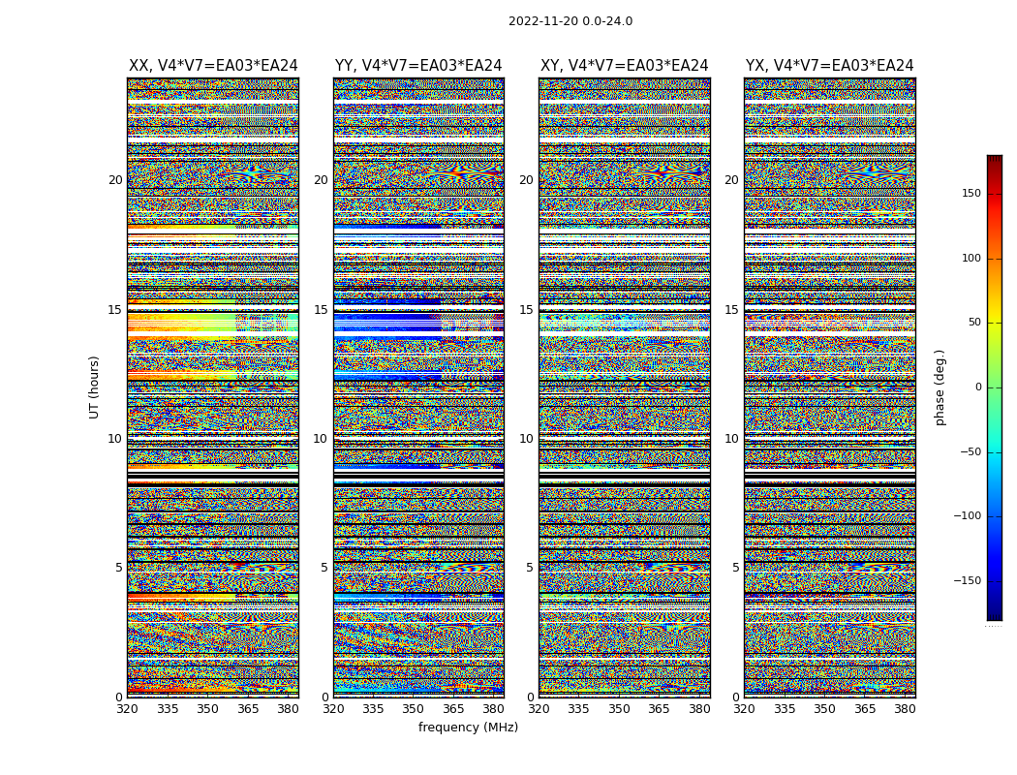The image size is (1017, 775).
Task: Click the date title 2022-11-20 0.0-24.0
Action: coord(570,21)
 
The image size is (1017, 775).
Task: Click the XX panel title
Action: coord(213,66)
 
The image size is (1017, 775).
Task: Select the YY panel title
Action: coord(418,66)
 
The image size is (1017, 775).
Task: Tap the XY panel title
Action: coord(625,66)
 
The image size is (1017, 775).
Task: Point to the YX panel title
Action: coord(829,66)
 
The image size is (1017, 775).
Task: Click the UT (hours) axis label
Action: coord(95,387)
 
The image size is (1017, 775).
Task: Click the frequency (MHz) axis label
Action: coord(468,728)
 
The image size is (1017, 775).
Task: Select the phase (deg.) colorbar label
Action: coord(940,387)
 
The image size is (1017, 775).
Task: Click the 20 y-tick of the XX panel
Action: coord(115,180)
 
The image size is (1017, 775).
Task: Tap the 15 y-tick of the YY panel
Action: coord(321,310)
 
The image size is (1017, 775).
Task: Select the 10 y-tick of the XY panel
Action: coord(526,439)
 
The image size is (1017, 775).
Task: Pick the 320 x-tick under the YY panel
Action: coord(333,709)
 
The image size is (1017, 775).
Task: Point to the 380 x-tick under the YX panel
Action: coord(905,709)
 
